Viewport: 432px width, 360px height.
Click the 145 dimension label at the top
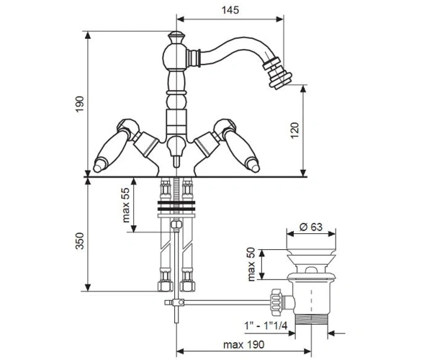pos(230,10)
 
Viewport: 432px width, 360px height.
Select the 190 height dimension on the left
pos(80,104)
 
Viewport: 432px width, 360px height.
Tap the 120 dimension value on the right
pos(294,130)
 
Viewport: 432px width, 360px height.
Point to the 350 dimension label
pos(80,240)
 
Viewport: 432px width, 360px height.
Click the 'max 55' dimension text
pos(125,205)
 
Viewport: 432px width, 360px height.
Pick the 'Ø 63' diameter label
pos(311,227)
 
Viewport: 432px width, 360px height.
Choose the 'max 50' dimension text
pos(251,264)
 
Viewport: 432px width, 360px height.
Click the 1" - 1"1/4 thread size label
pos(266,326)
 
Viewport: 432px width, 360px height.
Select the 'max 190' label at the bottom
pos(243,345)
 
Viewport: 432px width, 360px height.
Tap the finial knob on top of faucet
pos(176,37)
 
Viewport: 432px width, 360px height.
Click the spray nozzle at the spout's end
pos(277,73)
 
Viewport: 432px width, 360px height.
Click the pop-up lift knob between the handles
pos(176,151)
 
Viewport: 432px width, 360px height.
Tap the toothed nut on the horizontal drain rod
pos(276,302)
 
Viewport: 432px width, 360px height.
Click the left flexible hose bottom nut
pos(166,286)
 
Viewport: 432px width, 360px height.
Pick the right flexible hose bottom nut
pos(187,286)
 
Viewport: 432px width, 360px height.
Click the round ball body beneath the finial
pos(175,58)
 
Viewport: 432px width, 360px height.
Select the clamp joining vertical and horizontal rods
pos(176,302)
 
